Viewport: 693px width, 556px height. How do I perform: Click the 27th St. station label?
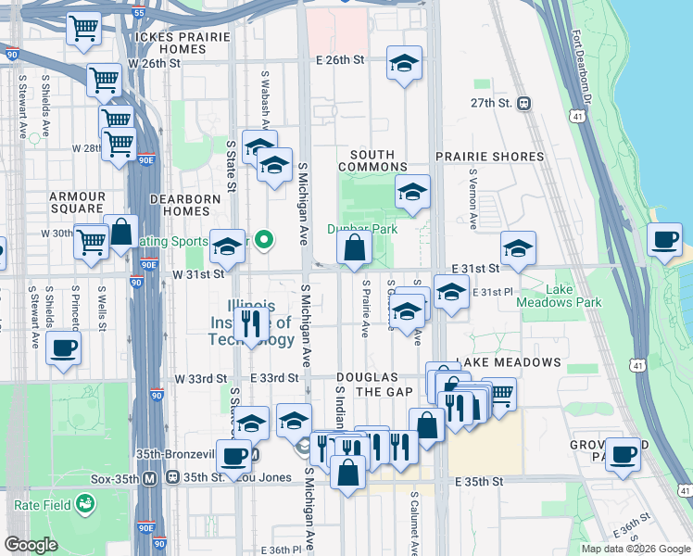(x=491, y=103)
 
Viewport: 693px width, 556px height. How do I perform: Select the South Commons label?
(x=372, y=160)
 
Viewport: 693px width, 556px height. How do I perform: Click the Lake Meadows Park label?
(x=573, y=296)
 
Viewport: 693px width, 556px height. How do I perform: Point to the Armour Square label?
(x=77, y=202)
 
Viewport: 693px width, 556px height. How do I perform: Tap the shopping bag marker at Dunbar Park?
(x=354, y=247)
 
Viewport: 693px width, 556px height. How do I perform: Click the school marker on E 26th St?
(x=403, y=63)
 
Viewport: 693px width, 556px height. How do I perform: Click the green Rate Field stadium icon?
(x=86, y=504)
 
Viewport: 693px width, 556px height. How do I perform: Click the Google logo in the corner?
(x=31, y=545)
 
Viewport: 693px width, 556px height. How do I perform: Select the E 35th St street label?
(x=479, y=482)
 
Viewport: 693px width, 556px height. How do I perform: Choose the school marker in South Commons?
(x=412, y=192)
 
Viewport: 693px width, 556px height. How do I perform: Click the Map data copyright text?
(x=635, y=549)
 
